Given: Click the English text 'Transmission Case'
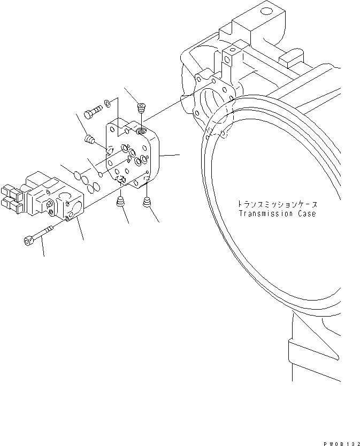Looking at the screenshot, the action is point(278,214).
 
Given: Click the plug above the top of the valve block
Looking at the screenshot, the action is point(142,109).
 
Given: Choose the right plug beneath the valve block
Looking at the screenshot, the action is point(147,202).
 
